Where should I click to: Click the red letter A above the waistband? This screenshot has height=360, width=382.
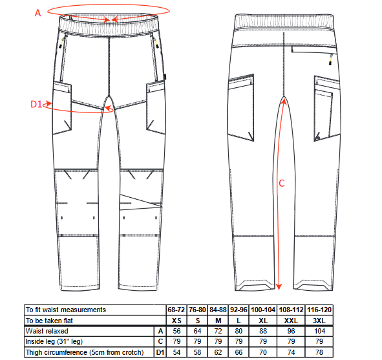coord(37,13)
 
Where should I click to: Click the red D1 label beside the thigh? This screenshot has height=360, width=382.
coord(36,104)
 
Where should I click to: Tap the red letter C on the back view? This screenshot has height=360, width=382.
coord(282,183)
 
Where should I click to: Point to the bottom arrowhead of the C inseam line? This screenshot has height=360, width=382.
coord(279,286)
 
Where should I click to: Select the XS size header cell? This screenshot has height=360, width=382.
coord(176,321)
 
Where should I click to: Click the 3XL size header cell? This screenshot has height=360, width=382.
coord(319,321)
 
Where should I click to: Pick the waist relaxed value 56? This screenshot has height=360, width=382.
coord(176,331)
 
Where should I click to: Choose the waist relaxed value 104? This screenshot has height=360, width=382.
coord(319,331)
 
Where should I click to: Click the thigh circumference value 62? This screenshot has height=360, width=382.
coord(218,352)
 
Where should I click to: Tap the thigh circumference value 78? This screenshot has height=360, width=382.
coord(319,352)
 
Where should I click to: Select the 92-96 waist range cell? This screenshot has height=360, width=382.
coord(239,310)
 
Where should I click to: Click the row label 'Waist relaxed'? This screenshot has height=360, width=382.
coord(47,331)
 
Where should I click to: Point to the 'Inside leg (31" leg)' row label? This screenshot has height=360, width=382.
coord(54,341)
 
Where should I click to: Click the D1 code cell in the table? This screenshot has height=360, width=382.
coord(160,352)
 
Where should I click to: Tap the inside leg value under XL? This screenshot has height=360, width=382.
coord(263,341)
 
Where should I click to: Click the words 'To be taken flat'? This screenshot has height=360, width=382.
coord(49,321)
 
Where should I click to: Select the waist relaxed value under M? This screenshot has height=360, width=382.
coord(218,331)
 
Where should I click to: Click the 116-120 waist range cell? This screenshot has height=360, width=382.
coord(319,310)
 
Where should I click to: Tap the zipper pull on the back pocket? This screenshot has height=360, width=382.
coord(331,59)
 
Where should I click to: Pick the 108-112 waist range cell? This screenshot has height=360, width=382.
coord(291,310)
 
